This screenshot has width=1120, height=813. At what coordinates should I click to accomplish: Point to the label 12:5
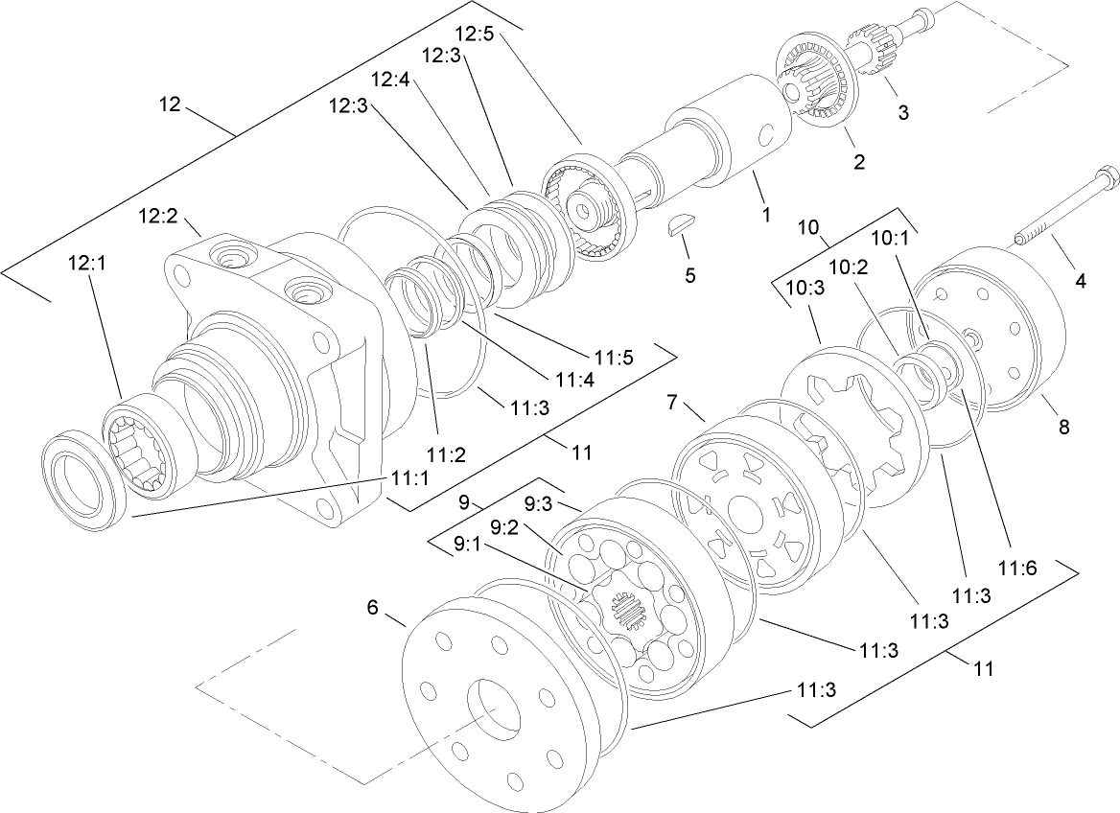[474, 34]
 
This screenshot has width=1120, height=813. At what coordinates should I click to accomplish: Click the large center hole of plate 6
[492, 712]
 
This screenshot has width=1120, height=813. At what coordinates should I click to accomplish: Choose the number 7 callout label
[671, 401]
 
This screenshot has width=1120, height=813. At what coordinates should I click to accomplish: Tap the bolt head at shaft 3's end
[924, 16]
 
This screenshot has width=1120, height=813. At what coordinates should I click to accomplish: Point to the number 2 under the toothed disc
[859, 162]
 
